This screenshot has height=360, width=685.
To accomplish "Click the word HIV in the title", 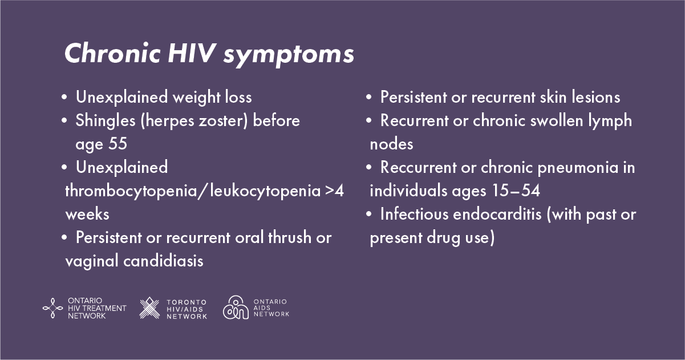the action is coord(192,53).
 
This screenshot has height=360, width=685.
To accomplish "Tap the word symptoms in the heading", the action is coord(289,55).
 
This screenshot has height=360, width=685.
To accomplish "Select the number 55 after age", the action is coord(117,143).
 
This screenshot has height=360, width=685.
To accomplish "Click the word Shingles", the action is coord(106,121).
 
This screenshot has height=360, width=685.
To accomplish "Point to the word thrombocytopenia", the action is coord(131,192).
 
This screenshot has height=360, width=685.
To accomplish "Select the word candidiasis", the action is coord(163,261).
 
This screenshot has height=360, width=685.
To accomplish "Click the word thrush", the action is coord(290,237).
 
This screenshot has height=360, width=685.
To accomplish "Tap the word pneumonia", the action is coord(578,168).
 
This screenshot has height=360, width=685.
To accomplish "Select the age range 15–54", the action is coord(516,191).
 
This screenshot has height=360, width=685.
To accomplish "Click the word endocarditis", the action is coord(497,214).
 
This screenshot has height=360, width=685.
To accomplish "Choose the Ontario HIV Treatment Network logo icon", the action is coord(52,308).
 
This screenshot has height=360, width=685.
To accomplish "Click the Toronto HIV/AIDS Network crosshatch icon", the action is coord(149,308).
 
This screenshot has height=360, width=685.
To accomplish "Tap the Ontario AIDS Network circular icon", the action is coord(236,308).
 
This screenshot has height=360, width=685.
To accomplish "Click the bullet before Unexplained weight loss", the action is coord(64,97).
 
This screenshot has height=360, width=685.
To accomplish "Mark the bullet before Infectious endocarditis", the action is coord(369,214).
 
